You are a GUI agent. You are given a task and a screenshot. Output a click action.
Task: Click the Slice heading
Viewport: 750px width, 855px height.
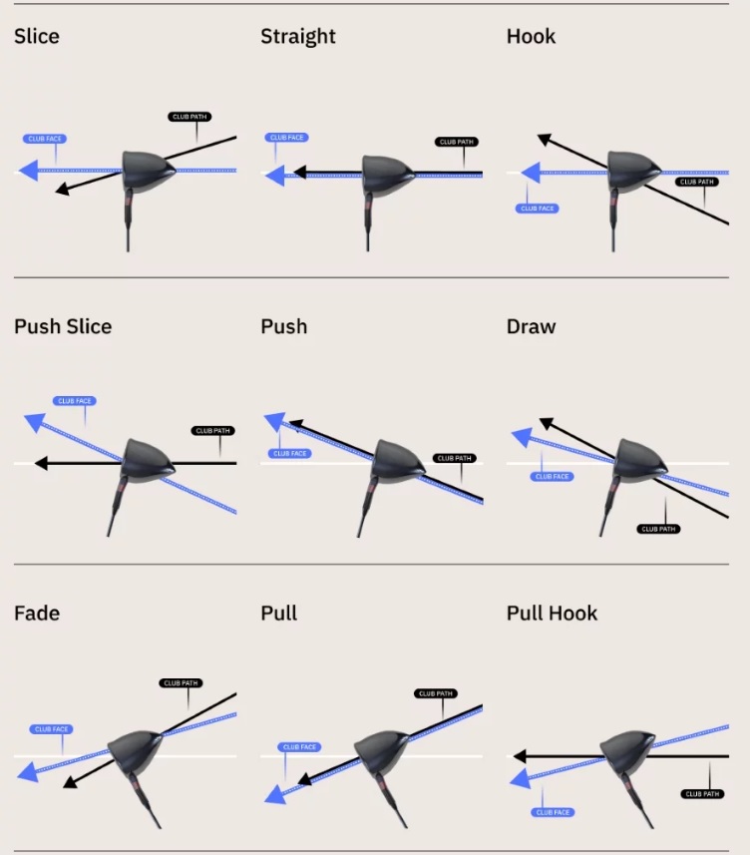point(37,37)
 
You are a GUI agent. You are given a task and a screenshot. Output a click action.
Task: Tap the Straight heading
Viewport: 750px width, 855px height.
point(297,37)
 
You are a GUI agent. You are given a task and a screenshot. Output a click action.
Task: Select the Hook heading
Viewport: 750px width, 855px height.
point(531,37)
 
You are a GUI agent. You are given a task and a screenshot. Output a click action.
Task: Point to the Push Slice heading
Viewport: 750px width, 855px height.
point(63,327)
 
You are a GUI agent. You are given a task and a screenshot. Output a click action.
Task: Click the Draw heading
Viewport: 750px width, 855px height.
point(531,327)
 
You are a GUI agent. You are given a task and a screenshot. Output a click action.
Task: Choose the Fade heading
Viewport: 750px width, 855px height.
point(37,613)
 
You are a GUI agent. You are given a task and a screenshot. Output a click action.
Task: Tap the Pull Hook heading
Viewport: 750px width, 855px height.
point(552,613)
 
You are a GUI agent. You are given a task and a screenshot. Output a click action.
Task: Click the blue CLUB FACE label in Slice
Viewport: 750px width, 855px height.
point(43,138)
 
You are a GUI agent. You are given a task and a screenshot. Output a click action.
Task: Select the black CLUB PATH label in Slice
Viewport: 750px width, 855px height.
point(189,117)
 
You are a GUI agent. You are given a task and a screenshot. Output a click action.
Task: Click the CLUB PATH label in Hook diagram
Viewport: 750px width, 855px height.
point(696,183)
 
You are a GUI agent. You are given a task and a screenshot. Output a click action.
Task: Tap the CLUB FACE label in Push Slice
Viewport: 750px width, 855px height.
point(74,401)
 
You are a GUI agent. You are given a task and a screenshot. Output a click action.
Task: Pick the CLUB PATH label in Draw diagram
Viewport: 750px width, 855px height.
point(658,529)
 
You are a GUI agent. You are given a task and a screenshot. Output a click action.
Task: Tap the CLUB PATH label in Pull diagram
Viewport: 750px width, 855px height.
point(436,693)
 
